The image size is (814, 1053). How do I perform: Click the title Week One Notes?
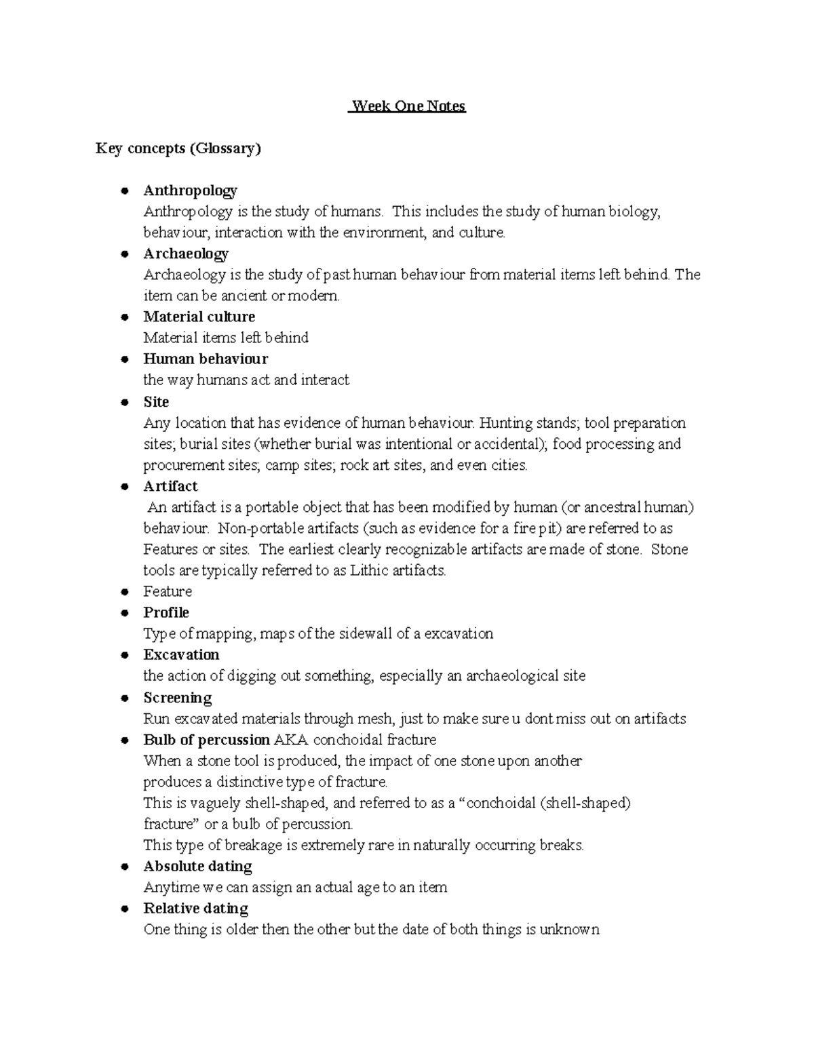tap(408, 106)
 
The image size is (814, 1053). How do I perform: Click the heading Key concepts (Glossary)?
tap(178, 148)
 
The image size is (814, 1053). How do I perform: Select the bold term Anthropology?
tap(190, 191)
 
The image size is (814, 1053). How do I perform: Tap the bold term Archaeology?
tap(186, 254)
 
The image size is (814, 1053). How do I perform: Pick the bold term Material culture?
tap(199, 317)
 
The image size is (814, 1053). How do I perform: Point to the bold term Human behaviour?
tap(206, 359)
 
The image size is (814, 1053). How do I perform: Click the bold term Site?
tap(156, 401)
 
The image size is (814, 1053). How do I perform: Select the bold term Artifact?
tap(170, 486)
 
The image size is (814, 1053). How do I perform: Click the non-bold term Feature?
tap(168, 591)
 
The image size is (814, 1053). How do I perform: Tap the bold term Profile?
tap(166, 612)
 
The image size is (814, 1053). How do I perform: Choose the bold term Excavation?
tap(181, 654)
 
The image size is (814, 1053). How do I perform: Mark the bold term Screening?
tap(178, 698)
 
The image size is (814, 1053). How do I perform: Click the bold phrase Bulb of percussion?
tap(207, 740)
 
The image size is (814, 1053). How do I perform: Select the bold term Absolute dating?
tap(197, 866)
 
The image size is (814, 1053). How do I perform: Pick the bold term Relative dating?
tap(195, 908)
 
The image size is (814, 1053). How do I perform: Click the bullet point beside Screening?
tap(124, 698)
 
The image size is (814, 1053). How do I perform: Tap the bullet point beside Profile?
tap(124, 613)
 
